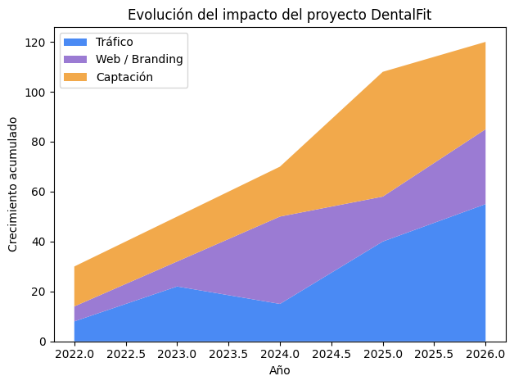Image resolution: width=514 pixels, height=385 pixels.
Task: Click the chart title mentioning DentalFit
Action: (x=278, y=14)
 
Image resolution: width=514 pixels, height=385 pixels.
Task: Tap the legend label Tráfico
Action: (x=114, y=42)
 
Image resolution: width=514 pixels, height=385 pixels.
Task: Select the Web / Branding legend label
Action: (x=138, y=59)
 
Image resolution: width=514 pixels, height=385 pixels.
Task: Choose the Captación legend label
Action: (x=124, y=76)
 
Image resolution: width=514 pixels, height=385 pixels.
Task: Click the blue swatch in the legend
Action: (x=76, y=42)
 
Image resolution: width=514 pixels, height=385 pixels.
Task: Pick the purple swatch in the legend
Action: (x=76, y=59)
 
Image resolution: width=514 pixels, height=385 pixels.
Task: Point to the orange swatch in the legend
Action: (x=76, y=76)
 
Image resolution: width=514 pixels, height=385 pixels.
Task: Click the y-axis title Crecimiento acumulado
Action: (x=12, y=184)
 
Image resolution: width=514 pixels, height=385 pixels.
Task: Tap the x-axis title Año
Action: (x=279, y=370)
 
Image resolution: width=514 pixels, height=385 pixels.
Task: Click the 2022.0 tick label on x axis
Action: (x=74, y=355)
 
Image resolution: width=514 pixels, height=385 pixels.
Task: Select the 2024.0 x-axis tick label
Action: (x=279, y=355)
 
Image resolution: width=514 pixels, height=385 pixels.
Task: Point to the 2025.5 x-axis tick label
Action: (x=434, y=355)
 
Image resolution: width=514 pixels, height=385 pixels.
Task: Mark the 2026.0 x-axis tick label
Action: (x=485, y=355)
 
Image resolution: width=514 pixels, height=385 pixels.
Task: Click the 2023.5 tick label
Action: (x=228, y=355)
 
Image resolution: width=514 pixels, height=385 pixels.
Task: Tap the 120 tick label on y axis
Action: (x=36, y=43)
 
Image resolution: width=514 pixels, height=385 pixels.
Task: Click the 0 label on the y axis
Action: (x=43, y=342)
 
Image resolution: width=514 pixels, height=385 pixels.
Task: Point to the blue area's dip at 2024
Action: (x=280, y=305)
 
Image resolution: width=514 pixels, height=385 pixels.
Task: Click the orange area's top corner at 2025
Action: (x=382, y=72)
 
